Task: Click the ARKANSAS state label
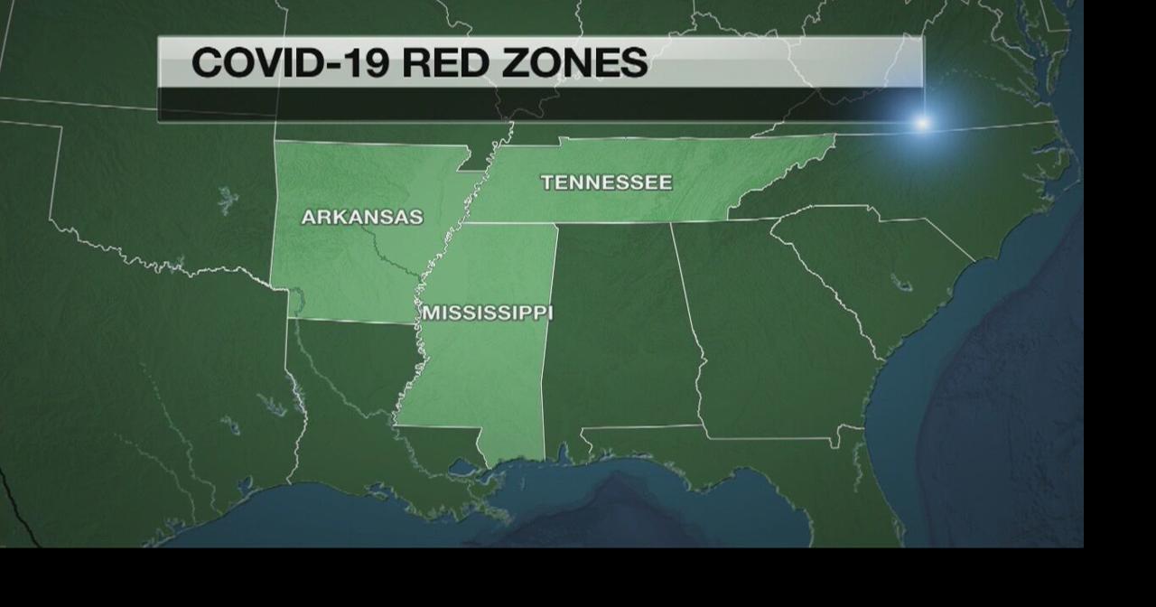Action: (x=361, y=218)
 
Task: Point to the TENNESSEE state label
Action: (x=606, y=182)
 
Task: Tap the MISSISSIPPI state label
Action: (x=488, y=313)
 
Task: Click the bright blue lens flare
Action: (x=921, y=122)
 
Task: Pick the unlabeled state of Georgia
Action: (x=768, y=343)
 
